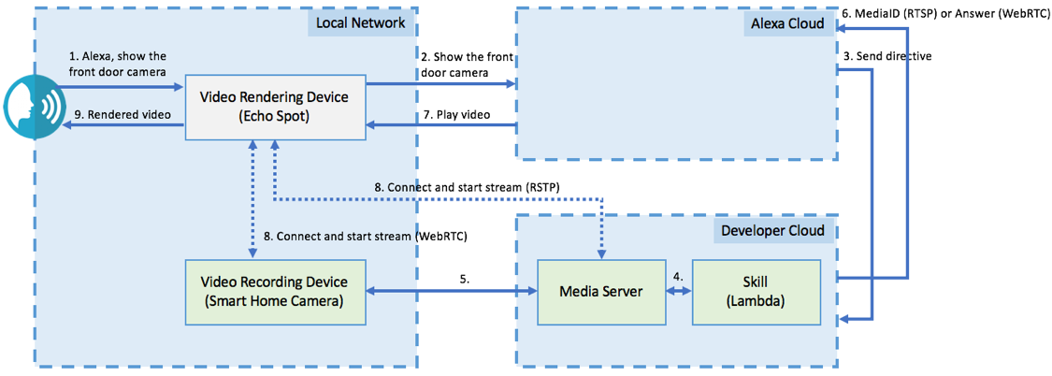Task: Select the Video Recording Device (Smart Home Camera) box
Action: coord(274,291)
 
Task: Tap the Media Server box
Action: coord(600,292)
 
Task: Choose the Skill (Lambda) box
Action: coord(756,292)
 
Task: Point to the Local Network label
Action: coord(359,22)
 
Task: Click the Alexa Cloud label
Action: coord(787,22)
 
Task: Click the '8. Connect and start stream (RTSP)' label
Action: coord(467,187)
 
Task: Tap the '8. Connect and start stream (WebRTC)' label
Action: coord(366,237)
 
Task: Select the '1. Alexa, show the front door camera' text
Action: coord(118,64)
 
